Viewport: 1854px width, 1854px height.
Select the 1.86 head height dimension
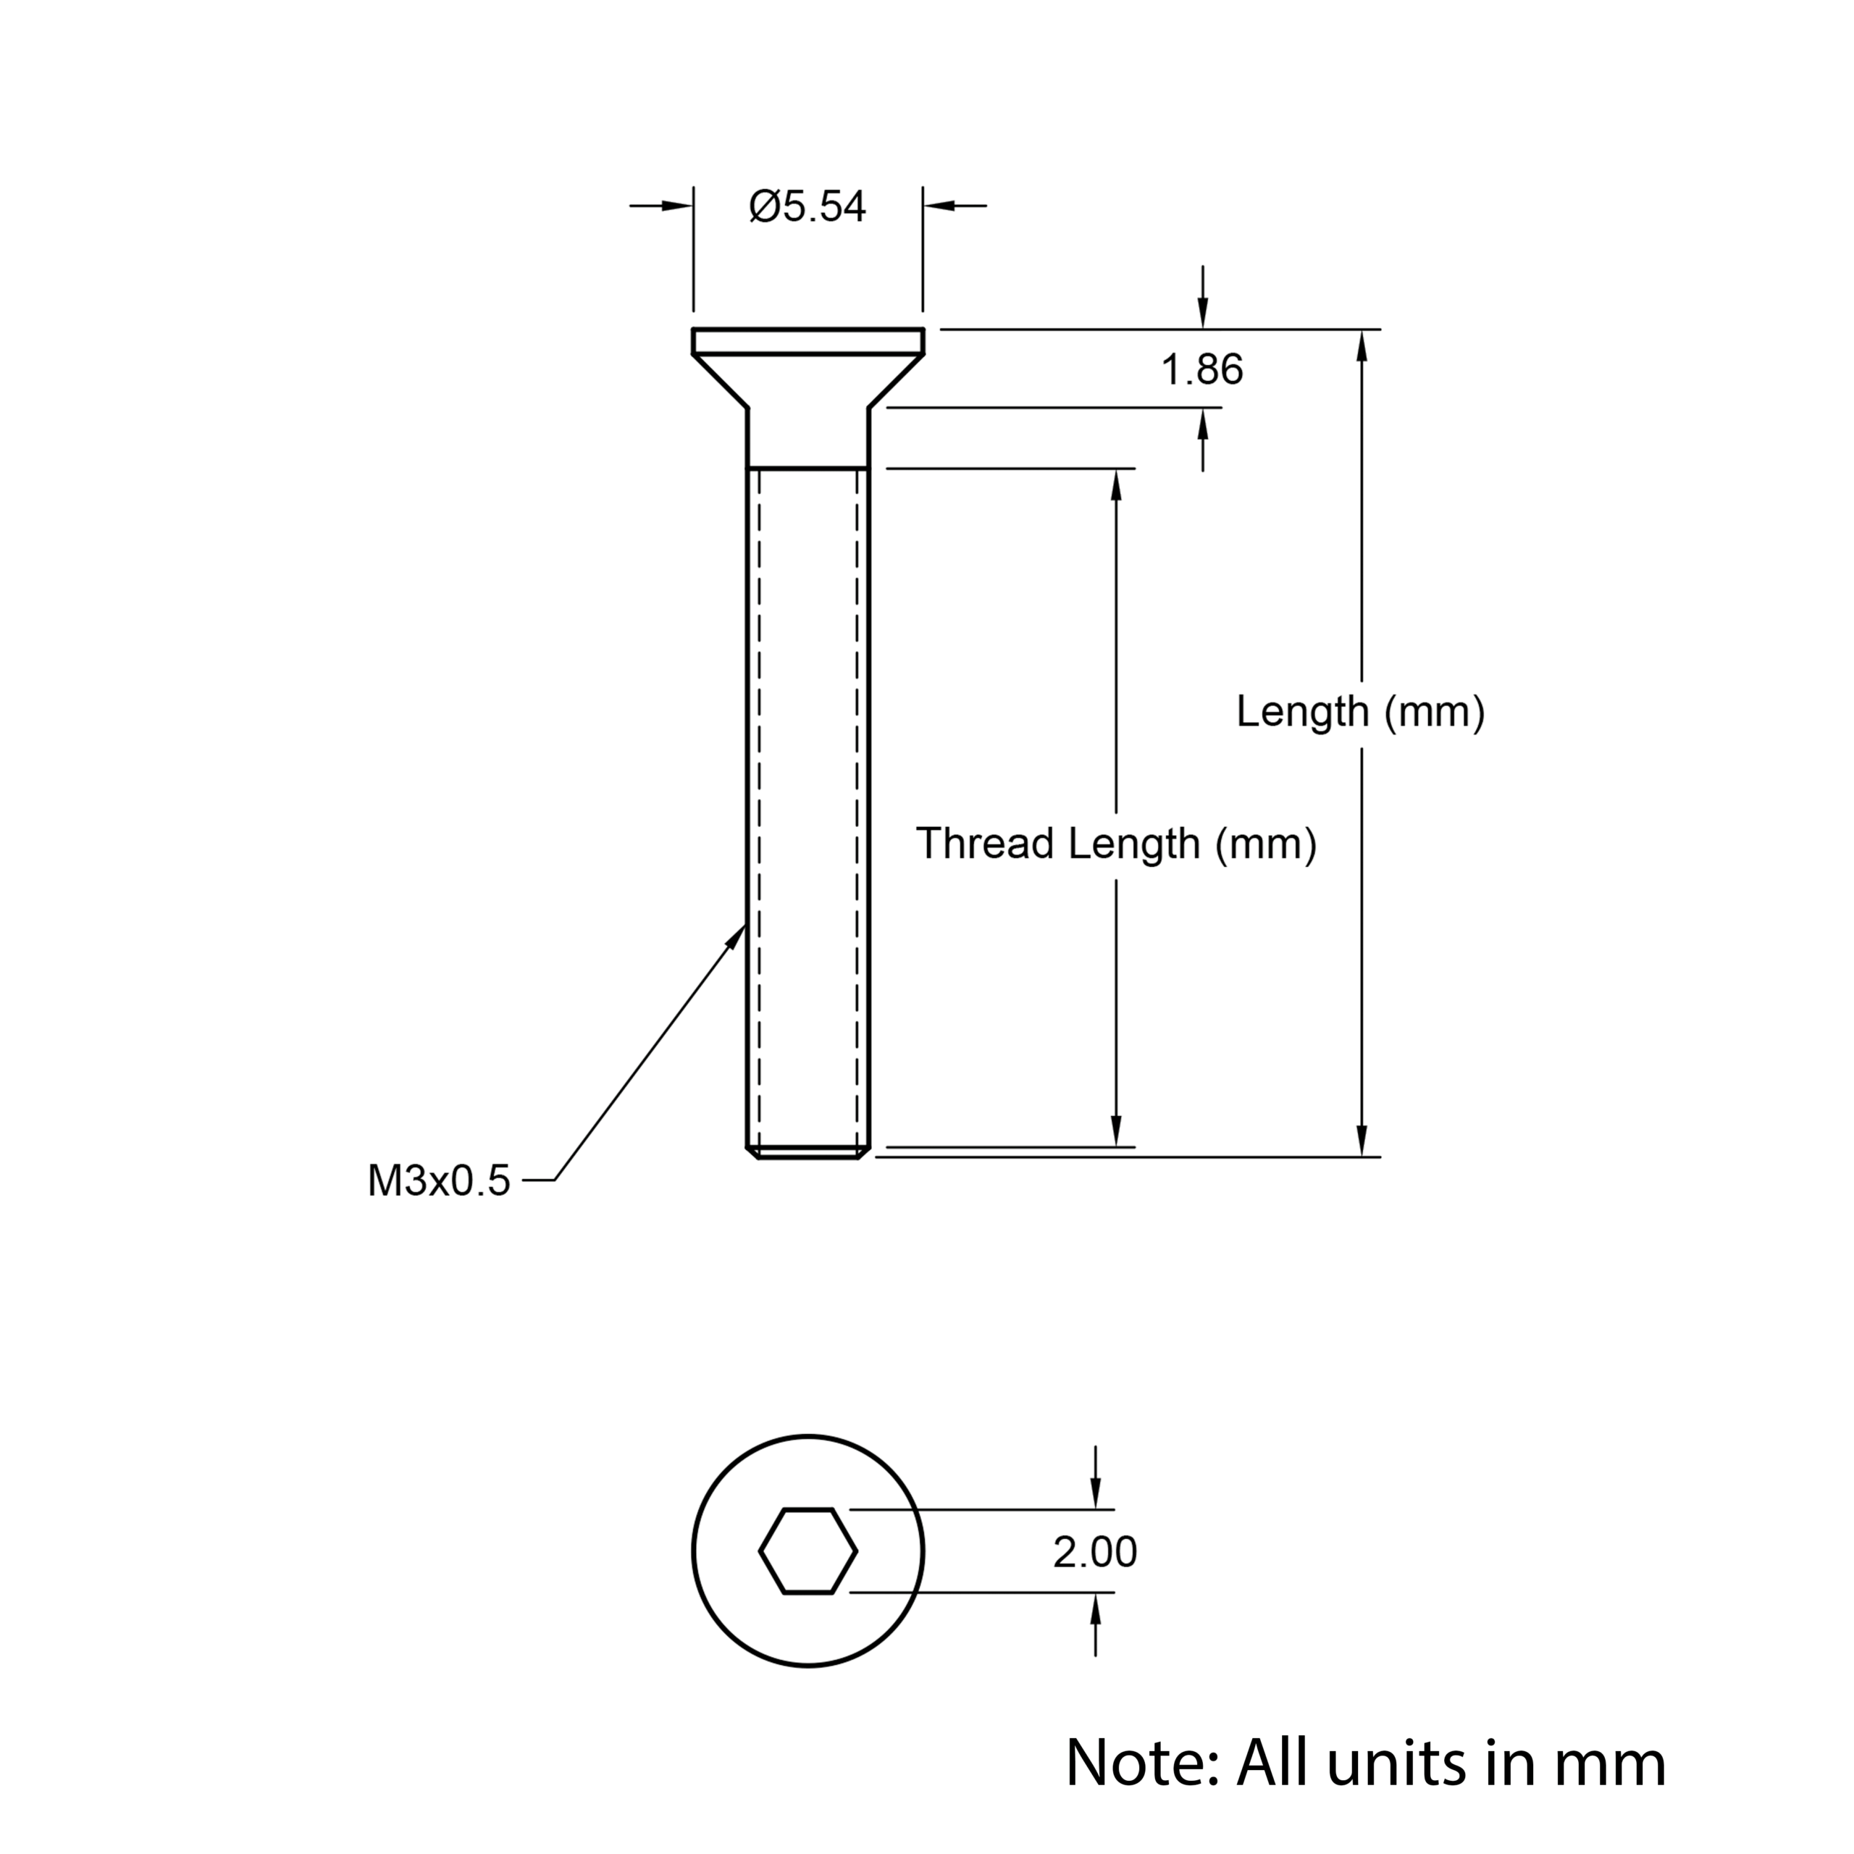click(x=1201, y=369)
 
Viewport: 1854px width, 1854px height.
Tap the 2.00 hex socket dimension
click(x=1094, y=1553)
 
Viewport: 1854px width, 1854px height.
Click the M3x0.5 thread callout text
click(x=439, y=1181)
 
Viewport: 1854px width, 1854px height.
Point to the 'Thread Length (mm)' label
click(x=1116, y=844)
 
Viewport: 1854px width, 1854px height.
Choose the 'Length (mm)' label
click(x=1361, y=712)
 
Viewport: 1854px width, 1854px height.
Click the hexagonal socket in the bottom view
click(x=808, y=1552)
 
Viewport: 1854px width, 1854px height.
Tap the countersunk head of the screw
click(x=808, y=369)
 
